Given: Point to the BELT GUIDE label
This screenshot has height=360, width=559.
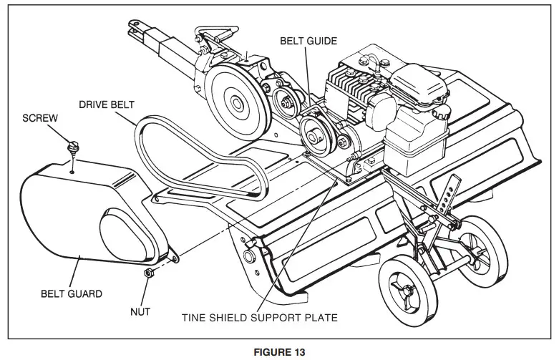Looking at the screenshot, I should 309,42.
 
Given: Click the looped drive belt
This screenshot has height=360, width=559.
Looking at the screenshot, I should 193,154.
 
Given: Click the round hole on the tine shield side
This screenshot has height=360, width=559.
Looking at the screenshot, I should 250,256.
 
